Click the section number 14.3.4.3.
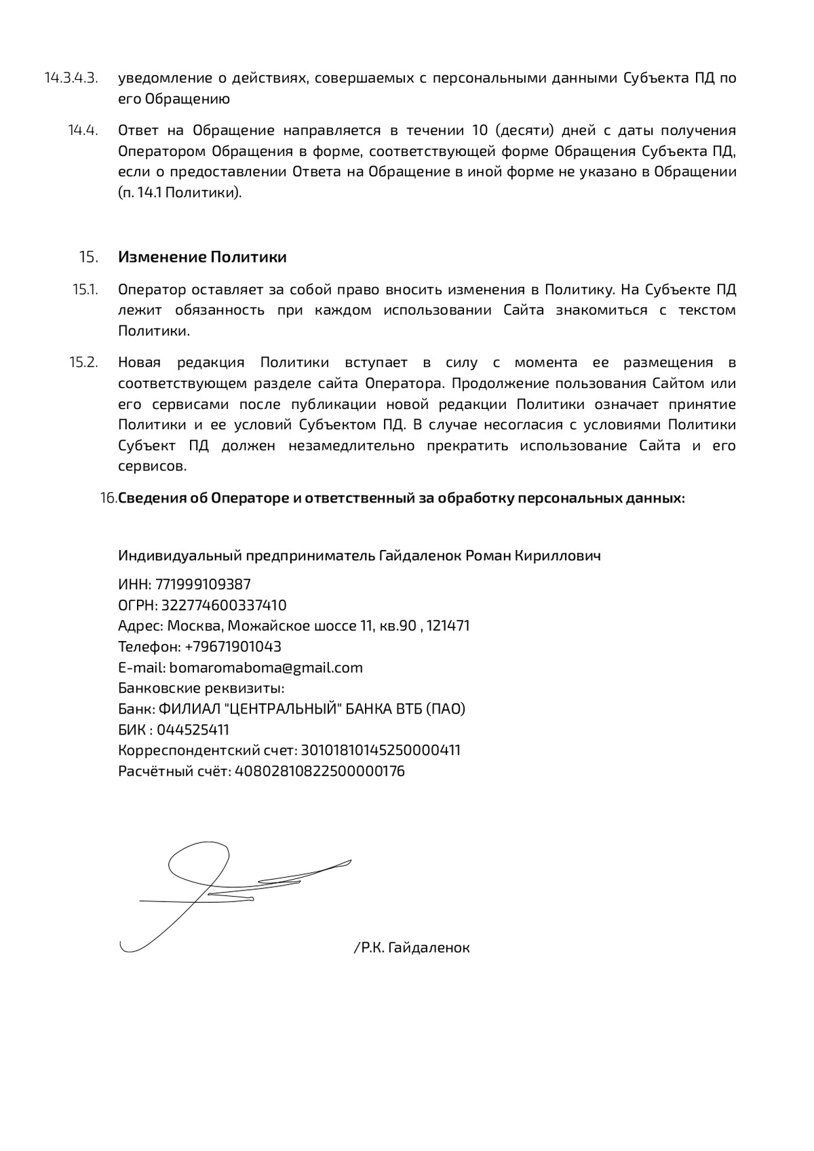pyautogui.click(x=71, y=78)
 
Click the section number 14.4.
pyautogui.click(x=83, y=130)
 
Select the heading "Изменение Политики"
pyautogui.click(x=202, y=258)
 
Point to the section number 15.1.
pyautogui.click(x=85, y=290)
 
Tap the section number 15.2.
pyautogui.click(x=84, y=362)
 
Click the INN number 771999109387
pyautogui.click(x=203, y=585)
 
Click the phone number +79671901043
pyautogui.click(x=233, y=647)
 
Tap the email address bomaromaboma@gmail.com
pyautogui.click(x=266, y=668)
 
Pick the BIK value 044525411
pyautogui.click(x=193, y=730)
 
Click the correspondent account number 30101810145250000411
pyautogui.click(x=381, y=751)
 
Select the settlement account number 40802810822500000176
pyautogui.click(x=319, y=772)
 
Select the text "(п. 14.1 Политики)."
pyautogui.click(x=180, y=193)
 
